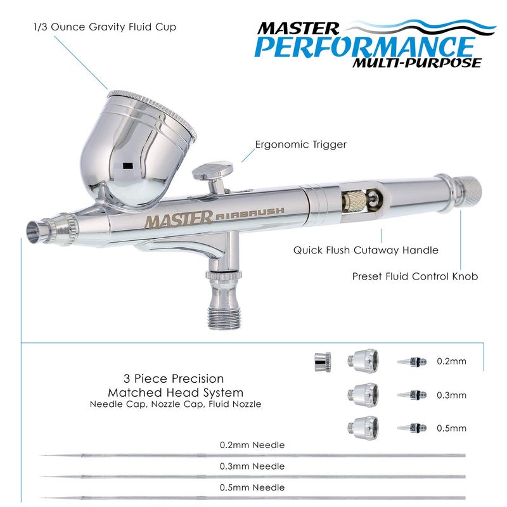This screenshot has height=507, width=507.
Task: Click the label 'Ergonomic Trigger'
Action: pos(300,144)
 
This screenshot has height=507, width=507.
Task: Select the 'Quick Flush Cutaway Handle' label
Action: pos(366,250)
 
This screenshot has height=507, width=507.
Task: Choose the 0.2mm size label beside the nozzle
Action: pos(451,362)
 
